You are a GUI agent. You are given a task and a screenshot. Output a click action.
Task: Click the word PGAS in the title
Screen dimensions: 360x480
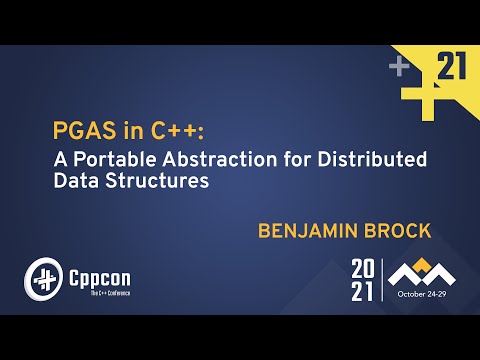pos(78,132)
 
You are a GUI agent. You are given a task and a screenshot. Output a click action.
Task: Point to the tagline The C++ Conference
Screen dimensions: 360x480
pos(103,293)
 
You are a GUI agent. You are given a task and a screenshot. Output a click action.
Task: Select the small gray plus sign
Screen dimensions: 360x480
pos(398,68)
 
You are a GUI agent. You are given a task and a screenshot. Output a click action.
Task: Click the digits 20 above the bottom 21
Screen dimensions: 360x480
pos(361,268)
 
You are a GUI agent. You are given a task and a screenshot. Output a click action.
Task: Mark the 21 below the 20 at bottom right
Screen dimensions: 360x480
pos(361,291)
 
